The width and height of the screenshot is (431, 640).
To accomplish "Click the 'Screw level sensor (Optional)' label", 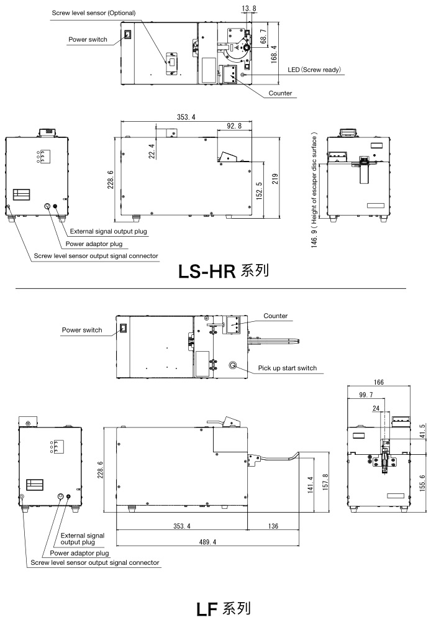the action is (93, 13).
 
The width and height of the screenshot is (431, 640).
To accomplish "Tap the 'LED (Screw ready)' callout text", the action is (314, 70).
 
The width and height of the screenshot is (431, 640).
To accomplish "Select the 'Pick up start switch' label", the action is (288, 368).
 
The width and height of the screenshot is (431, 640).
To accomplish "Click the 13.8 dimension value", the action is (249, 8).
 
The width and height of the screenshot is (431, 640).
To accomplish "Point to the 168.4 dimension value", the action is (274, 53).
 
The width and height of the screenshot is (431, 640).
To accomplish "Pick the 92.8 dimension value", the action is (234, 126).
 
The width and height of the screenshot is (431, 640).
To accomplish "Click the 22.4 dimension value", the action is (152, 151).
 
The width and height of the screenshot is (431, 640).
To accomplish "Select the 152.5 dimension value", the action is (259, 191).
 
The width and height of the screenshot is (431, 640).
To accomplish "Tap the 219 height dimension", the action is (275, 179).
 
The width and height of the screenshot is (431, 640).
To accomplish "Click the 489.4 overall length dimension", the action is (208, 542).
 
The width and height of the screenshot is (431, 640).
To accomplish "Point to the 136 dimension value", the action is (273, 526).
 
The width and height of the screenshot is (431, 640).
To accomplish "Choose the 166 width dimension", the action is (379, 383).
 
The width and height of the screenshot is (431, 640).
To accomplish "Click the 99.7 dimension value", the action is (366, 395).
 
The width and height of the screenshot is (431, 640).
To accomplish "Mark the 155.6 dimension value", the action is (422, 482).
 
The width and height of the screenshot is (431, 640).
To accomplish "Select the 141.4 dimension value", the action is (310, 485).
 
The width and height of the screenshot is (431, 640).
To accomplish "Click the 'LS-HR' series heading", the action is (207, 272).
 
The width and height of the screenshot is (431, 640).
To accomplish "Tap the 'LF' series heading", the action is (207, 610).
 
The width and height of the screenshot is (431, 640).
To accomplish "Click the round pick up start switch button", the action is (233, 365).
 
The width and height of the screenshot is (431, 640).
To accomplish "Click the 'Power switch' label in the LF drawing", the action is (82, 330).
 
